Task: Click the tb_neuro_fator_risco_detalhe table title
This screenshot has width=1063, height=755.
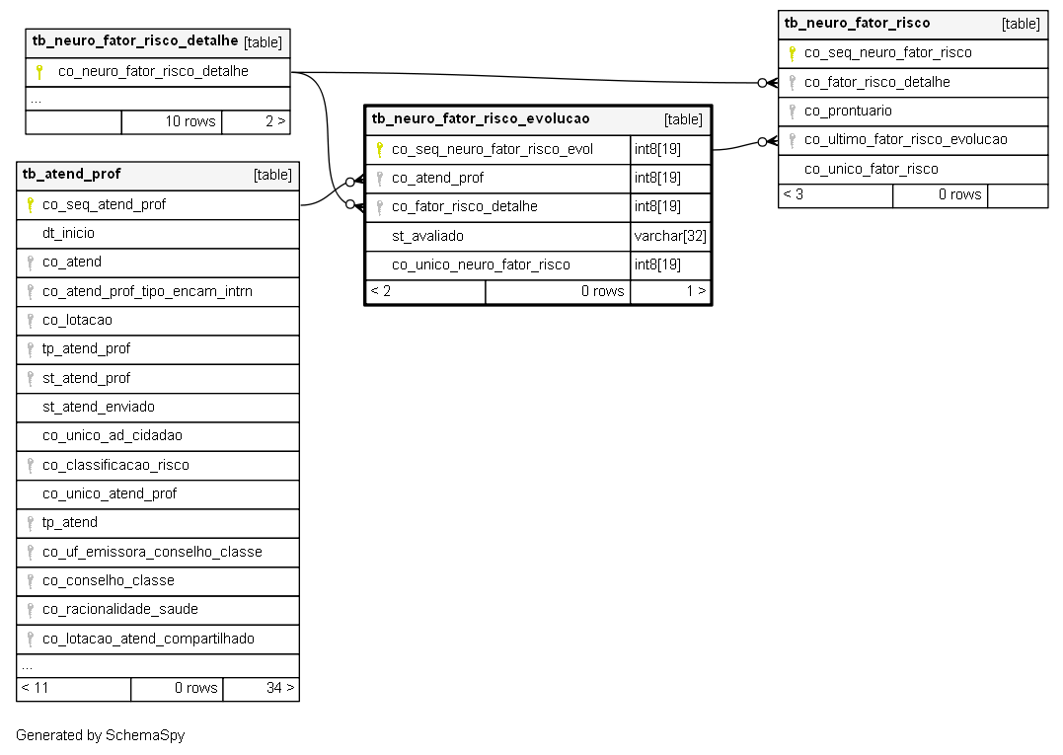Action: click(135, 40)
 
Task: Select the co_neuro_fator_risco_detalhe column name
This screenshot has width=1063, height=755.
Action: click(153, 71)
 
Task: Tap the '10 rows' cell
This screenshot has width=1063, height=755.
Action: click(172, 122)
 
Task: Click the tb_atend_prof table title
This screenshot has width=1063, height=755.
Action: click(71, 174)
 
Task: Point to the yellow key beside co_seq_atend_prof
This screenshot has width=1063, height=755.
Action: click(30, 204)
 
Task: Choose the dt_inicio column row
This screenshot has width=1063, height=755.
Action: click(158, 234)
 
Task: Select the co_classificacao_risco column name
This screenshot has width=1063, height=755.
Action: click(115, 465)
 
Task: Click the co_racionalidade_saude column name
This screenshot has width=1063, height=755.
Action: click(120, 609)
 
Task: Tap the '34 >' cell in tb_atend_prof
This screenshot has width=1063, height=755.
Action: click(261, 689)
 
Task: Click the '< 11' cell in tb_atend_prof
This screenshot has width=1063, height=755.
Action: click(74, 689)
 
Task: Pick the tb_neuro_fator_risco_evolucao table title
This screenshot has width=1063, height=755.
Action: click(481, 118)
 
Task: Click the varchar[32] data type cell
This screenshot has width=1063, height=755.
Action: click(670, 237)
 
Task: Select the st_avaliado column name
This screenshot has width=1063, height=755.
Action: click(427, 237)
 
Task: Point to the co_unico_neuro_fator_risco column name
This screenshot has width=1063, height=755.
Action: click(481, 265)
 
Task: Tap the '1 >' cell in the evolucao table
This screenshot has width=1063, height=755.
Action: click(670, 292)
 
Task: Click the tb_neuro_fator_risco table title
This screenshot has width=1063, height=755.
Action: click(857, 23)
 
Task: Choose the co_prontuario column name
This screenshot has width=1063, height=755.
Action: click(848, 112)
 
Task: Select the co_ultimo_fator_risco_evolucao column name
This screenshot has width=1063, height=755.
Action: click(906, 139)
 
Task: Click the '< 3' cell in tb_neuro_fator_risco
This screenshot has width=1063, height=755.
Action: click(836, 195)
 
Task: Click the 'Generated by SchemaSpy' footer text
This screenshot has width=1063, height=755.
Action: click(101, 736)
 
